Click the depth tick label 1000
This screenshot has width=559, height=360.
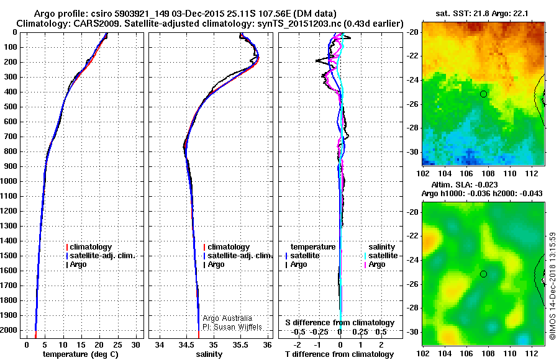click(x=9, y=181)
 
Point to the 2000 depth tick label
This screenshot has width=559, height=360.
click(x=9, y=330)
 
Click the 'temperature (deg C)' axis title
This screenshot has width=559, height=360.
click(x=81, y=354)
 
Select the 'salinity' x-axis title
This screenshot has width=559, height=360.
click(x=209, y=354)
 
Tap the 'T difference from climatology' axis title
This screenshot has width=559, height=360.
click(x=339, y=354)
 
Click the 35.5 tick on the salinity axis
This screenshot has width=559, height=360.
click(x=240, y=345)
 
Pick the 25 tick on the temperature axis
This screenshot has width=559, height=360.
click(x=117, y=345)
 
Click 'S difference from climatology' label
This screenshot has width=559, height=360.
click(x=340, y=323)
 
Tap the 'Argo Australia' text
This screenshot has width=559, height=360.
click(x=227, y=318)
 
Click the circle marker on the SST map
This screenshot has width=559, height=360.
click(x=483, y=94)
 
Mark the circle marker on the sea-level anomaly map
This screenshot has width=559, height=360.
click(x=483, y=274)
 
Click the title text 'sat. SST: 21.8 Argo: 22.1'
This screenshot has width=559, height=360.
click(x=482, y=14)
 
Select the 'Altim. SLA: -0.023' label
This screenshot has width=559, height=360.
click(x=465, y=184)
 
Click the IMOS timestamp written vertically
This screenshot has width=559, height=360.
click(x=553, y=286)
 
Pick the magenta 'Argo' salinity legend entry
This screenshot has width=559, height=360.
click(x=375, y=264)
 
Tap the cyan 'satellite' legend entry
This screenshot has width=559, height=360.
click(x=381, y=256)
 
